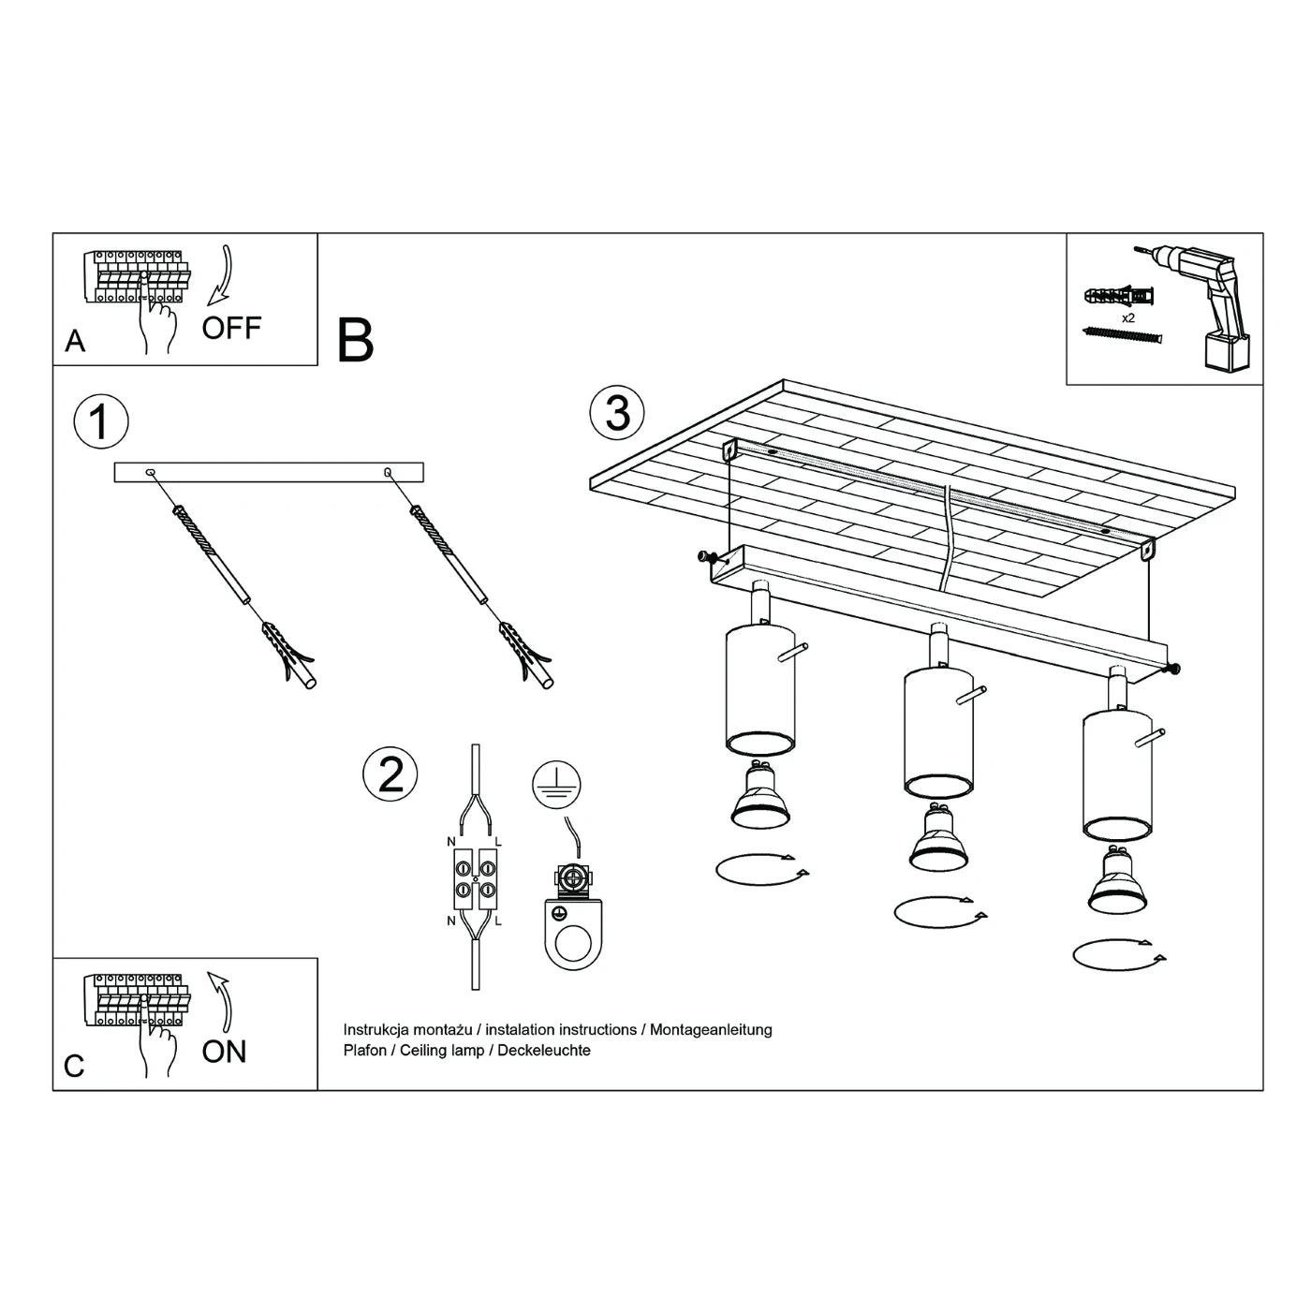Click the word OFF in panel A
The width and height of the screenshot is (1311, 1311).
click(231, 329)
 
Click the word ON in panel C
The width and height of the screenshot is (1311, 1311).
click(224, 1052)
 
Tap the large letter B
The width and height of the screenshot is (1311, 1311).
click(356, 341)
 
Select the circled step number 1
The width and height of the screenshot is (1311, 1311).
click(100, 421)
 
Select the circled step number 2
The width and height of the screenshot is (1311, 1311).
click(390, 773)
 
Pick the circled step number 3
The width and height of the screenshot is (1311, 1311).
click(617, 412)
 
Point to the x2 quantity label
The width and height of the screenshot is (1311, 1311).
click(1129, 318)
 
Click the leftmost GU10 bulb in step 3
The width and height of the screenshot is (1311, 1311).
click(760, 797)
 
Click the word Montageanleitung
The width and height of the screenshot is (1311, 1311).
click(711, 1029)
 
